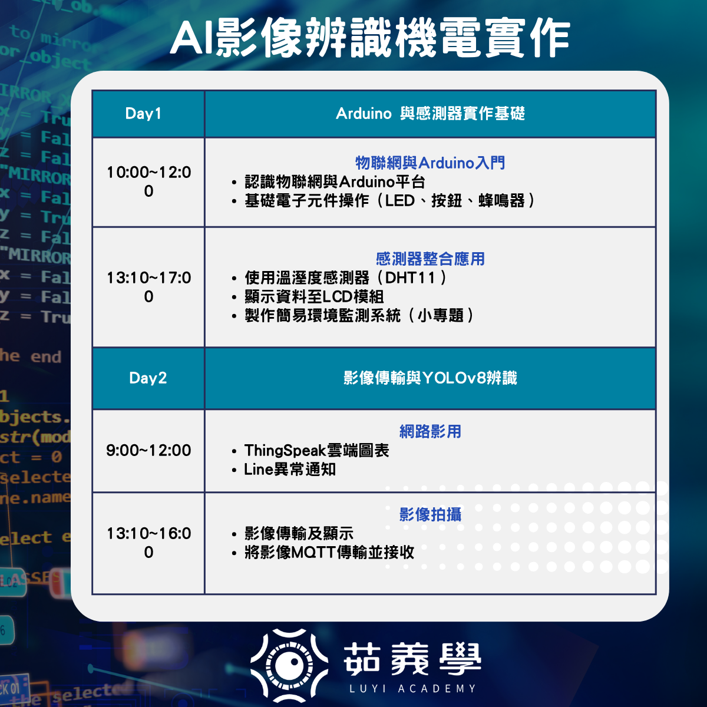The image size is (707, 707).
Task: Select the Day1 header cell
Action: point(148,114)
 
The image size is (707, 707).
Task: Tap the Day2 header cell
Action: point(148,378)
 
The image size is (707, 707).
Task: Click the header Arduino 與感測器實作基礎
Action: point(430,114)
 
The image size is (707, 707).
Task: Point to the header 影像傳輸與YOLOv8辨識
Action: point(430,378)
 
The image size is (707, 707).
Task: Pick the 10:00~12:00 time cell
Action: point(148,181)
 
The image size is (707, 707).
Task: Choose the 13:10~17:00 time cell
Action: point(148,287)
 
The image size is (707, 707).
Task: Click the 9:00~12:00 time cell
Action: point(148,450)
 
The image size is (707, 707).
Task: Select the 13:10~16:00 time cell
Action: point(148,543)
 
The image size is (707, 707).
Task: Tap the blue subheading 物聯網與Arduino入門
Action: point(430,163)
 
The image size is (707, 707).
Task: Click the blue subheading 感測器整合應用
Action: point(430,259)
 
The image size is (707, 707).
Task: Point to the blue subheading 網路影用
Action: point(430,431)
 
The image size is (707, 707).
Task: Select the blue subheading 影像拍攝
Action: point(430,514)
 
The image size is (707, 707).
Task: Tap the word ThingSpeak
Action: point(285,451)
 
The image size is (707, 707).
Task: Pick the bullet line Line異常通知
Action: point(290,470)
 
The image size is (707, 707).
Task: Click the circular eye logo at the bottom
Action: point(289,664)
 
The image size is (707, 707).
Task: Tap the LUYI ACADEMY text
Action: point(412,688)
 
